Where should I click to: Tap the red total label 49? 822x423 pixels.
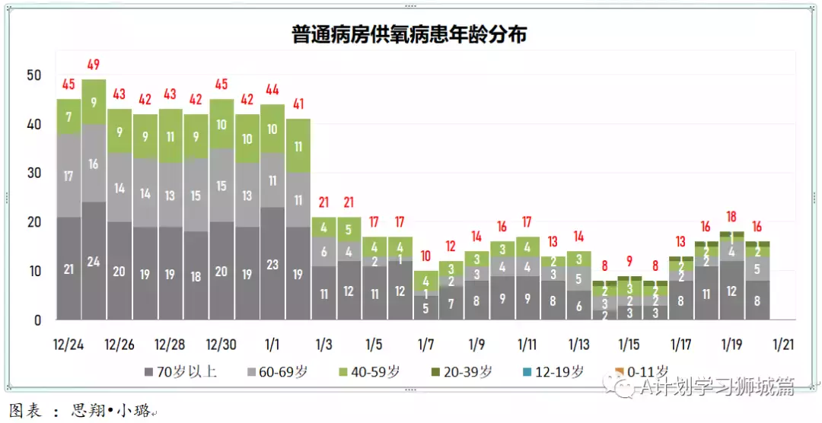click(x=94, y=65)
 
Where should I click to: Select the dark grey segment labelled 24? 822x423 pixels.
click(x=94, y=261)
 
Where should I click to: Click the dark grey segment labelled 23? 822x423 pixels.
click(x=273, y=264)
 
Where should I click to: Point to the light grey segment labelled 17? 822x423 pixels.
click(x=68, y=176)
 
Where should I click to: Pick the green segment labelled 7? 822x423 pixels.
click(x=68, y=117)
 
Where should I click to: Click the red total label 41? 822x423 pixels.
click(x=298, y=104)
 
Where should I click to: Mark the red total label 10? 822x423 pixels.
click(x=426, y=256)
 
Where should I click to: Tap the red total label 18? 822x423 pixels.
click(x=732, y=217)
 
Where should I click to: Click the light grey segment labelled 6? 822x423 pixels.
click(x=324, y=252)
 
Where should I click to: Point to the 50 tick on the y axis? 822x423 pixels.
click(x=33, y=75)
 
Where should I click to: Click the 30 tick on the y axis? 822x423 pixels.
click(x=33, y=173)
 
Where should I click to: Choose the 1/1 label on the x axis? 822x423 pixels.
click(x=272, y=344)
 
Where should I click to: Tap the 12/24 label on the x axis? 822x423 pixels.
click(x=68, y=344)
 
